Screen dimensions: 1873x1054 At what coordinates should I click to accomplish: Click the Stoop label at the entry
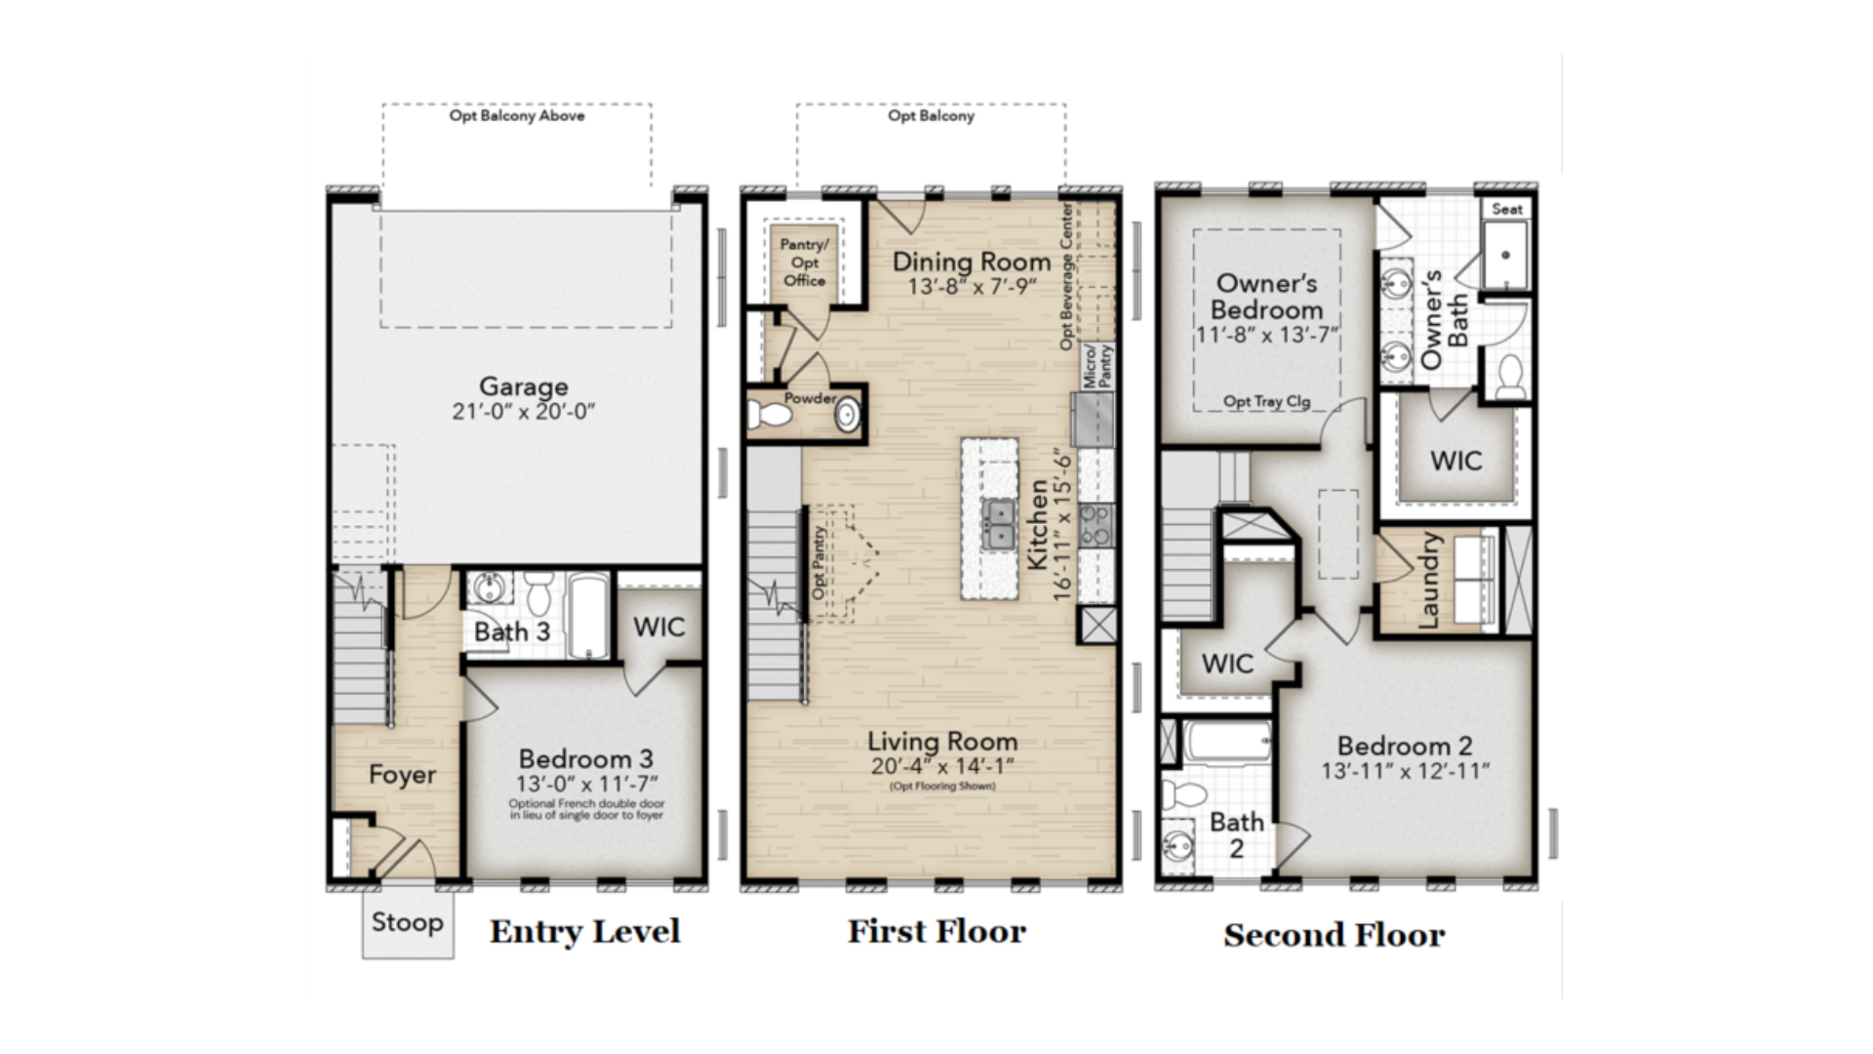[x=407, y=922]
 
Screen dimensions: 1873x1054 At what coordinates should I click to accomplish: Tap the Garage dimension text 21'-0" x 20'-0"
[x=523, y=412]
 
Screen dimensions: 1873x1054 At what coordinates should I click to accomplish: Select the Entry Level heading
[x=585, y=932]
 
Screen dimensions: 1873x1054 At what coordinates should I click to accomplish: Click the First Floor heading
[x=936, y=932]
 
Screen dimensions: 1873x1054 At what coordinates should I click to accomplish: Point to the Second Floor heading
[x=1334, y=935]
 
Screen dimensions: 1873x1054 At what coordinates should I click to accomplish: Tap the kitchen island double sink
[x=997, y=524]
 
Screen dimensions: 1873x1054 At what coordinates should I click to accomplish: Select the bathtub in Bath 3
[x=587, y=615]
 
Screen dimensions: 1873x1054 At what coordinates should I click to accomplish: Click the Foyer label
[x=402, y=775]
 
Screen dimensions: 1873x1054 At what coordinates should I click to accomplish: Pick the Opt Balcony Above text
[x=517, y=115]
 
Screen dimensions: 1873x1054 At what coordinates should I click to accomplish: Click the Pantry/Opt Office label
[x=805, y=263]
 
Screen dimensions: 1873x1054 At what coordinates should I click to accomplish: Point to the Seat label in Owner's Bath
[x=1507, y=209]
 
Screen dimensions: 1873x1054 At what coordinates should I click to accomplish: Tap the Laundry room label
[x=1428, y=580]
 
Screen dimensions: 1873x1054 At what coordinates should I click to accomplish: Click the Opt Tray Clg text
[x=1267, y=401]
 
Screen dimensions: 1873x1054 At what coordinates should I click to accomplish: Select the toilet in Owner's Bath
[x=1510, y=377]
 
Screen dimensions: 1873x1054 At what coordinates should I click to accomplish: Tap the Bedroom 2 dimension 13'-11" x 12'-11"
[x=1406, y=771]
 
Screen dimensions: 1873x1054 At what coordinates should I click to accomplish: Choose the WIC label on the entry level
[x=658, y=627]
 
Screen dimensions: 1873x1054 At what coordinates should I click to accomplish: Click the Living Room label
[x=942, y=742]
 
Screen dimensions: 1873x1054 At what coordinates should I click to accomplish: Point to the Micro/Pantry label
[x=1098, y=367]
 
